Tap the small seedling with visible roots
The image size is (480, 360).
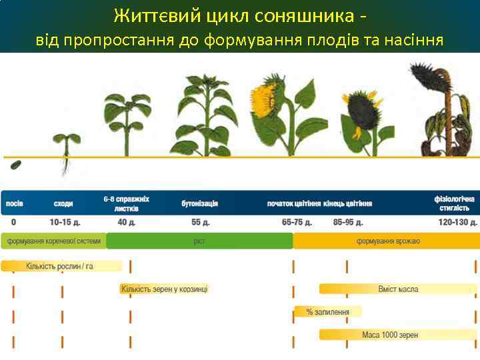pos(66,150)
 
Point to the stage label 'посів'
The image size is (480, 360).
pos(14,203)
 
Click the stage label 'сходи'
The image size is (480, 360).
pos(63,203)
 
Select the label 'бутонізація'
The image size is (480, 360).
pos(200,203)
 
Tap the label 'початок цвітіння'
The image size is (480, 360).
pos(294,203)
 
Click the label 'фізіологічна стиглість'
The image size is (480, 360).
pos(456,203)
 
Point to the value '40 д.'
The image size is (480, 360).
pos(126,222)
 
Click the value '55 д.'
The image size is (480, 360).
pos(201,222)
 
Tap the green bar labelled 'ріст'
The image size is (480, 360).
pos(199,241)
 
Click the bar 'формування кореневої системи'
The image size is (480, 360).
pos(54,241)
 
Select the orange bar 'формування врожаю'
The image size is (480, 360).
pos(387,241)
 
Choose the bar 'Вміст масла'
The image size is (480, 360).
pos(398,289)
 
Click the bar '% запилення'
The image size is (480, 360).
pos(328,311)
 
